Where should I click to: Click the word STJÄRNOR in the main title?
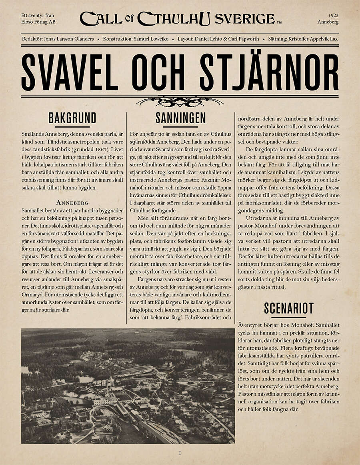coord(269,72)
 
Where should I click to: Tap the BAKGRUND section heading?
coord(72,118)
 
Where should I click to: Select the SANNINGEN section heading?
coord(180,118)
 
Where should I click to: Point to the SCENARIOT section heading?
coord(289,308)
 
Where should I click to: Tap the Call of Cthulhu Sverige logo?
coord(180,18)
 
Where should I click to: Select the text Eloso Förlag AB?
coord(38,22)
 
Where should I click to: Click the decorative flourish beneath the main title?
coord(180,102)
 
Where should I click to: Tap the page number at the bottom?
coord(180,453)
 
